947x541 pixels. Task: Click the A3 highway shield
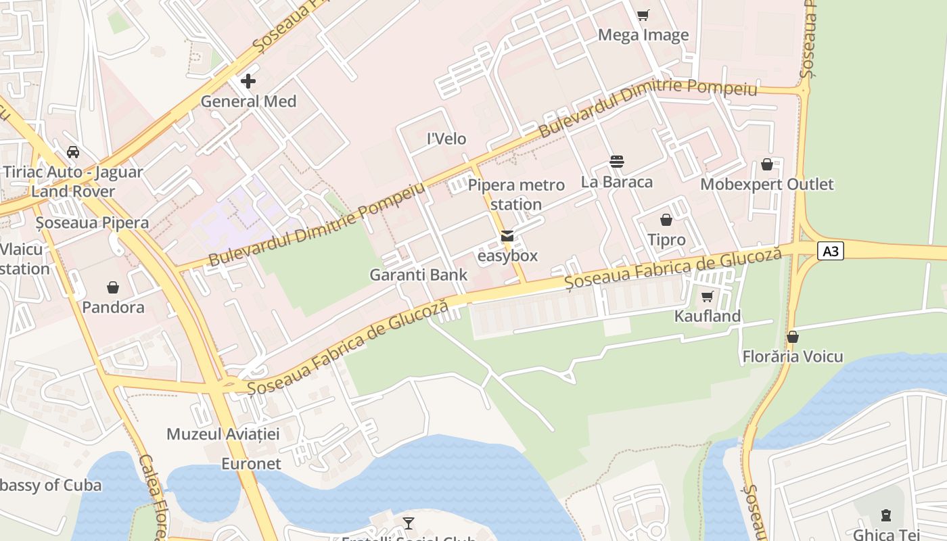click(x=831, y=252)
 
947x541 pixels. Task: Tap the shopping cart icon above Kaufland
click(x=708, y=297)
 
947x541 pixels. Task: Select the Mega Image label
click(x=643, y=35)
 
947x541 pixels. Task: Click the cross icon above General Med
click(x=248, y=81)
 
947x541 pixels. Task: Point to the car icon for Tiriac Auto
click(x=73, y=152)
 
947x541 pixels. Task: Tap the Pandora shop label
click(x=113, y=307)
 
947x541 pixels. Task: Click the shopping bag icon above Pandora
click(x=113, y=287)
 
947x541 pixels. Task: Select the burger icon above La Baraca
click(x=616, y=162)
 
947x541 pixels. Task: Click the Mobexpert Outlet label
click(x=767, y=184)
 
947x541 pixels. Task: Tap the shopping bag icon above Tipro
click(x=666, y=220)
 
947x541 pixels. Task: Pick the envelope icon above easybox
click(x=507, y=236)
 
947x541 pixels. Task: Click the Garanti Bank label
click(x=418, y=275)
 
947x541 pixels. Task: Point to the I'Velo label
click(x=446, y=139)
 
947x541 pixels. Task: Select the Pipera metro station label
click(x=516, y=195)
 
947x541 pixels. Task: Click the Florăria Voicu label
click(x=793, y=356)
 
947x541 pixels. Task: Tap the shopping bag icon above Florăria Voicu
click(x=793, y=337)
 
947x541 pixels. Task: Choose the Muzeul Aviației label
click(x=223, y=434)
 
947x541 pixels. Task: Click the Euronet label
click(x=251, y=464)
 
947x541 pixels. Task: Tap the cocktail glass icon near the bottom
click(x=409, y=523)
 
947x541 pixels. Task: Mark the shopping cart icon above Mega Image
click(x=643, y=15)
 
